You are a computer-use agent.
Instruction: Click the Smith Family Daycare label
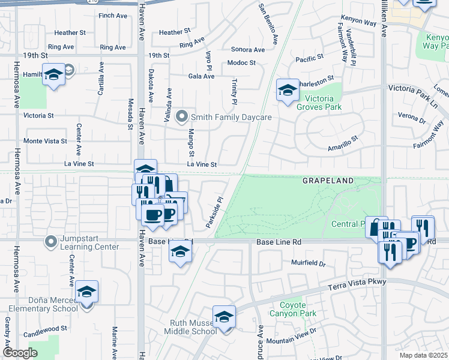pyautogui.click(x=231, y=117)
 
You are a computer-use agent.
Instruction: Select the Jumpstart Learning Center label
pyautogui.click(x=89, y=242)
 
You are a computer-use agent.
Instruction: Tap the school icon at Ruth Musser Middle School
pyautogui.click(x=224, y=317)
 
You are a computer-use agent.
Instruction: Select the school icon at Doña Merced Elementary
pyautogui.click(x=87, y=292)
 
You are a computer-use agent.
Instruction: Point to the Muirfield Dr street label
pyautogui.click(x=309, y=263)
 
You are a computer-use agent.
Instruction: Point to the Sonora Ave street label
pyautogui.click(x=247, y=50)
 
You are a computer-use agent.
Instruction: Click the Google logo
pyautogui.click(x=20, y=353)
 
